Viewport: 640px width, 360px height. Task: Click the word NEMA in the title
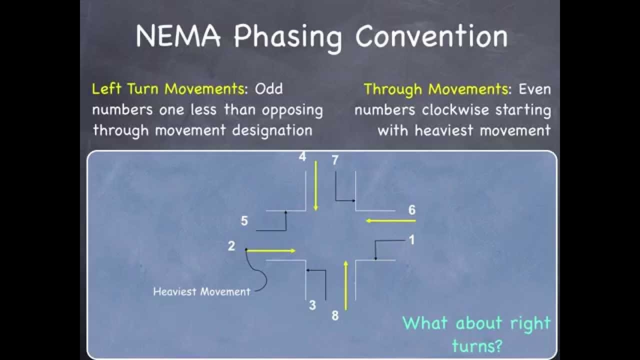point(177,36)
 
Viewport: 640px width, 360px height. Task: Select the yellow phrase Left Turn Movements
point(168,89)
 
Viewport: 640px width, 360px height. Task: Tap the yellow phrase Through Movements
point(435,89)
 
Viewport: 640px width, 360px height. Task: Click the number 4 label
point(302,157)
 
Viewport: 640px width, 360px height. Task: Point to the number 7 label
point(335,160)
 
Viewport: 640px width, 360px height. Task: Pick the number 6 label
point(411,210)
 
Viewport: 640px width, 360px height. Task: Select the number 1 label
point(411,240)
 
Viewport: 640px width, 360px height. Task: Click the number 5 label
point(244,221)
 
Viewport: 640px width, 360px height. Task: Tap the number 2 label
point(231,246)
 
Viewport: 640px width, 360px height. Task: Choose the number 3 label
point(312,305)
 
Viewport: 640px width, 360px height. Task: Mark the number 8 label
point(335,316)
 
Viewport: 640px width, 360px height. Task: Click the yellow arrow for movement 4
point(315,185)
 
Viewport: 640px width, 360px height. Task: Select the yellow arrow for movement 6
point(390,220)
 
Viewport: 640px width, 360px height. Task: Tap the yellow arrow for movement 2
point(271,250)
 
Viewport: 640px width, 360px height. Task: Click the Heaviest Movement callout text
point(201,291)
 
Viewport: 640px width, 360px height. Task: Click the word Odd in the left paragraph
point(268,89)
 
